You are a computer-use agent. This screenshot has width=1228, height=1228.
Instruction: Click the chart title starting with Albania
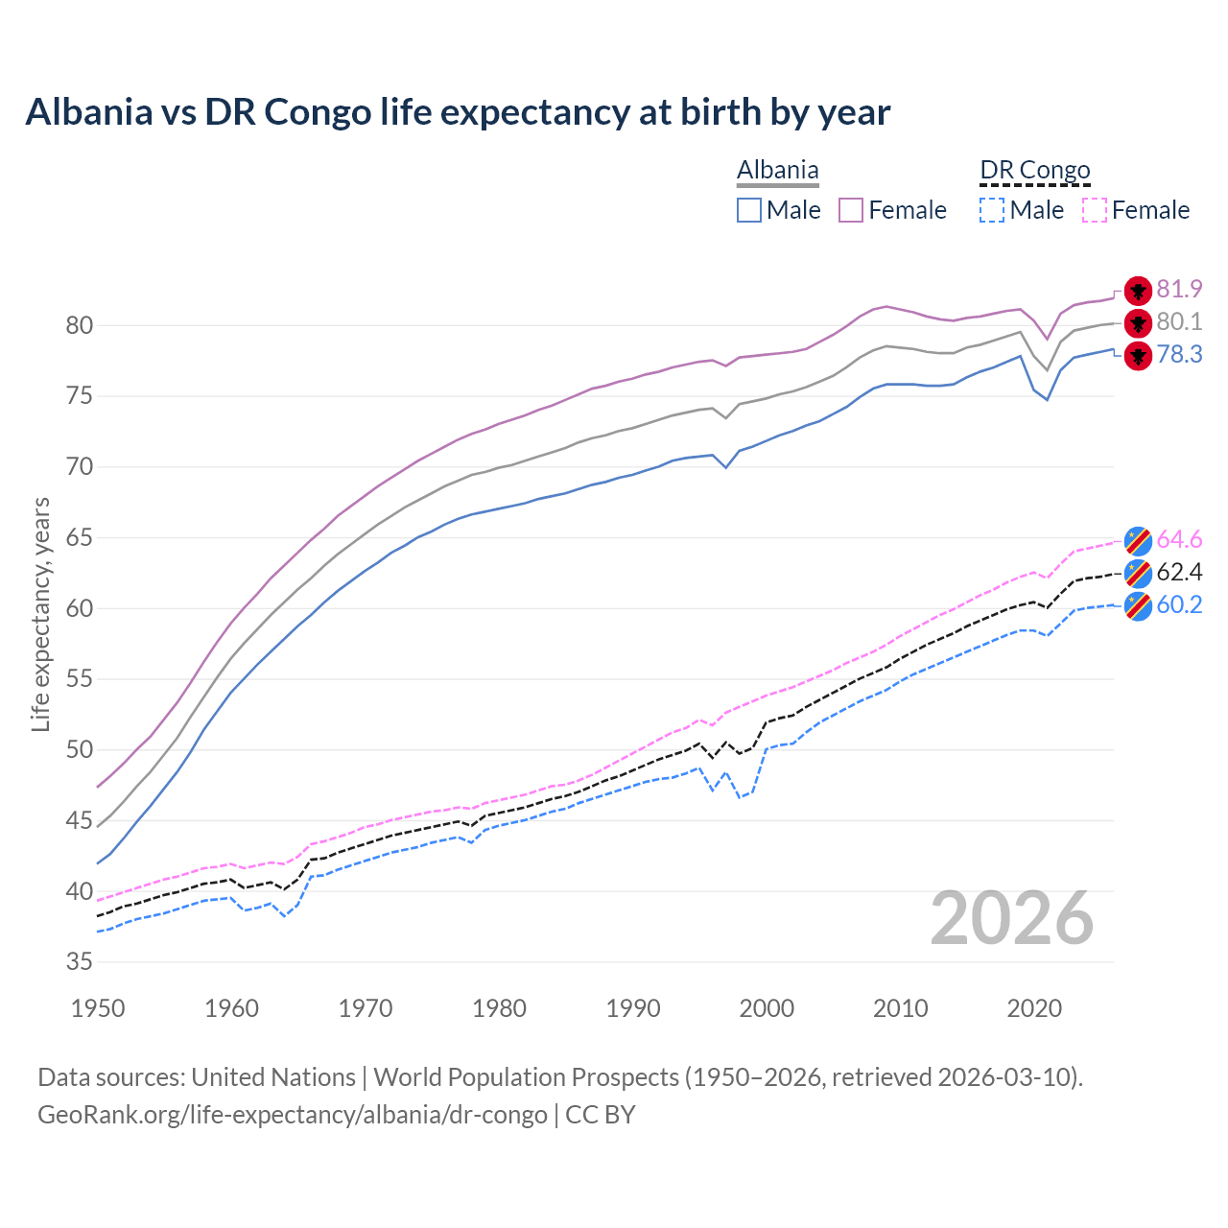coord(458,111)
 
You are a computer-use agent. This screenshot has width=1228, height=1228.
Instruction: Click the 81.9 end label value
coord(1179,289)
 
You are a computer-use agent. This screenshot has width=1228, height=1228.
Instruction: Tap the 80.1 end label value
coord(1179,321)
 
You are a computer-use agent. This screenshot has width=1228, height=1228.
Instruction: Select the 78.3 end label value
coord(1179,354)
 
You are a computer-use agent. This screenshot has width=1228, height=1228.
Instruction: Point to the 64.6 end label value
coord(1179,539)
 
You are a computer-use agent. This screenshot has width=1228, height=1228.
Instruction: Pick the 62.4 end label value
coord(1179,572)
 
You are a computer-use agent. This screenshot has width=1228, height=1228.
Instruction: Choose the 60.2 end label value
coord(1179,604)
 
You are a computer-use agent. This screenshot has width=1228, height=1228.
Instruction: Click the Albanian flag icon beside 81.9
coord(1138,290)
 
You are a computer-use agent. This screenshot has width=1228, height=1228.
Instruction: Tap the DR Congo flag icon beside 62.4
coord(1138,573)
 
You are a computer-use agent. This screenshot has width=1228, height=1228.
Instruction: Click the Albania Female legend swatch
coord(851,210)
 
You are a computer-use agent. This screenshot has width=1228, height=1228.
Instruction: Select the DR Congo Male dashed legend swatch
coord(992,210)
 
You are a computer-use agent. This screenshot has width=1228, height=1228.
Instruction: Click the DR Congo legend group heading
coord(1035,170)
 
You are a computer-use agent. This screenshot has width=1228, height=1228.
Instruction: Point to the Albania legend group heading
coord(777,170)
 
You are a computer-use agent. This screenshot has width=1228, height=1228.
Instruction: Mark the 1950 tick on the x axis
coord(99,1008)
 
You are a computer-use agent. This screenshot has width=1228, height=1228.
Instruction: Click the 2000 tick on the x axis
coord(767,1008)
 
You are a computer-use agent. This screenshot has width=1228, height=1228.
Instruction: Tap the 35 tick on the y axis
coord(79,961)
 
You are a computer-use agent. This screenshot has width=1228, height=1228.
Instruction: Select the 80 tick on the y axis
coord(79,325)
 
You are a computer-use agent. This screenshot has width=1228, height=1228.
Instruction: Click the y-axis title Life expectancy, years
coord(40,614)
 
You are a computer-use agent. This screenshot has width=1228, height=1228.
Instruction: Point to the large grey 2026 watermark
coord(1012,918)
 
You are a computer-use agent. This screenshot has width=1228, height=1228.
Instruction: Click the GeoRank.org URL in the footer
coord(292,1114)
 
